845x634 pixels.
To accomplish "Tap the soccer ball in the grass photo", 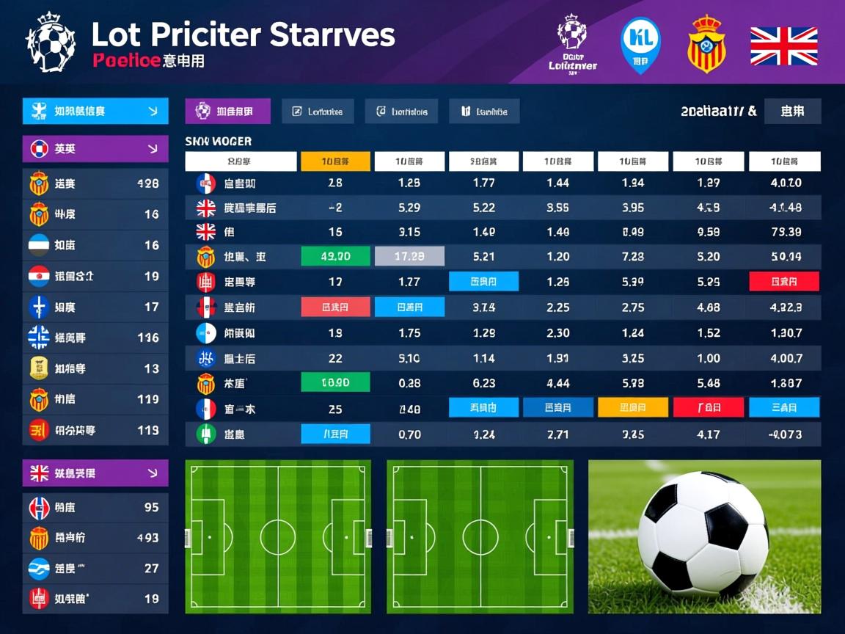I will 702,532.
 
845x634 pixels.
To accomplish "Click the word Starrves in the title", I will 332,35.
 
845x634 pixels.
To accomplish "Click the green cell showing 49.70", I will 335,256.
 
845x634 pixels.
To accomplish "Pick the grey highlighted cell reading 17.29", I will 409,256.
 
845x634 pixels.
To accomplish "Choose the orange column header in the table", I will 335,161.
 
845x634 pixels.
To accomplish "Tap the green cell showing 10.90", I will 335,382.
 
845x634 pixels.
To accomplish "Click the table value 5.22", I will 483,208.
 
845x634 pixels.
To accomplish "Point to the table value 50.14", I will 786,256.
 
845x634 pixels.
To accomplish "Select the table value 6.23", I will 483,382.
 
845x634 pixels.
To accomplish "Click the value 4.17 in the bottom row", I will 708,434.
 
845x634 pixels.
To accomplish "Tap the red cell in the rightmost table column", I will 784,281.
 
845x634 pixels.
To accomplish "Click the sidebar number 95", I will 151,507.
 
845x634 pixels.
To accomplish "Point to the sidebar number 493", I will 147,538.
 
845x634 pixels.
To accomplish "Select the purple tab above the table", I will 227,112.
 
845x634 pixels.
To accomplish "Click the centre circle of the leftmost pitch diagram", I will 278,536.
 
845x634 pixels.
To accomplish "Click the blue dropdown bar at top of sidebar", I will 95,112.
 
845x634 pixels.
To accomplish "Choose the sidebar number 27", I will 151,568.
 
